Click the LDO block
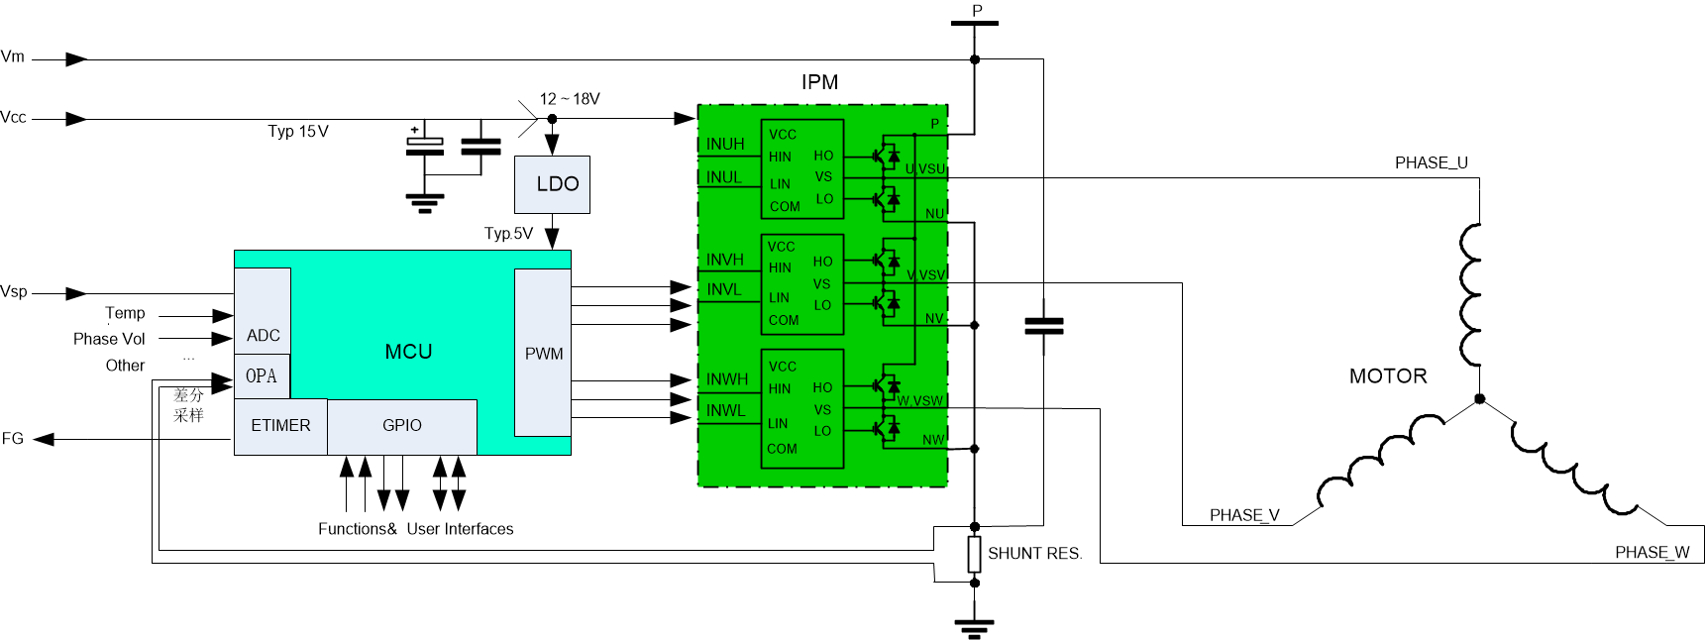click(552, 184)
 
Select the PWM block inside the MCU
click(543, 353)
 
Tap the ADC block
click(263, 335)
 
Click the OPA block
click(262, 376)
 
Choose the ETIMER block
click(280, 426)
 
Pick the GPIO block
click(402, 426)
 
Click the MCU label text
click(408, 352)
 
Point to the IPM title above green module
click(819, 82)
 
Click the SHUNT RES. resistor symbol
click(974, 554)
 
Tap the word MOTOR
click(1387, 376)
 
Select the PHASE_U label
click(1431, 163)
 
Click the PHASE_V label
click(1244, 515)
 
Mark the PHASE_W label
click(1652, 553)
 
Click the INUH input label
click(725, 145)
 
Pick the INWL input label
click(725, 411)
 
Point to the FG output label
click(13, 439)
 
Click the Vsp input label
click(14, 292)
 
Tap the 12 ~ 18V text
click(570, 99)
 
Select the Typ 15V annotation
click(298, 132)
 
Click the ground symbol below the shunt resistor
click(974, 627)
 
